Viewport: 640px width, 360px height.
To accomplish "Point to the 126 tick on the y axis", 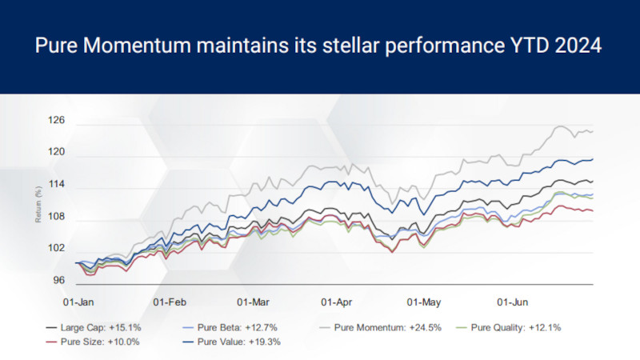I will pyautogui.click(x=57, y=122).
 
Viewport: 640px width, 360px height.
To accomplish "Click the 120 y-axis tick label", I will pyautogui.click(x=57, y=152).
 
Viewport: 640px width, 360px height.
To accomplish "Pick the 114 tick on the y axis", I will pyautogui.click(x=57, y=185).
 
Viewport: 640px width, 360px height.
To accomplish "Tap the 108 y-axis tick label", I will pyautogui.click(x=57, y=217).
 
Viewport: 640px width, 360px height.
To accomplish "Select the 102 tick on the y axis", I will pyautogui.click(x=57, y=248).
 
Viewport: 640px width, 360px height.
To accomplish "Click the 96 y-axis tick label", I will pyautogui.click(x=59, y=280).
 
